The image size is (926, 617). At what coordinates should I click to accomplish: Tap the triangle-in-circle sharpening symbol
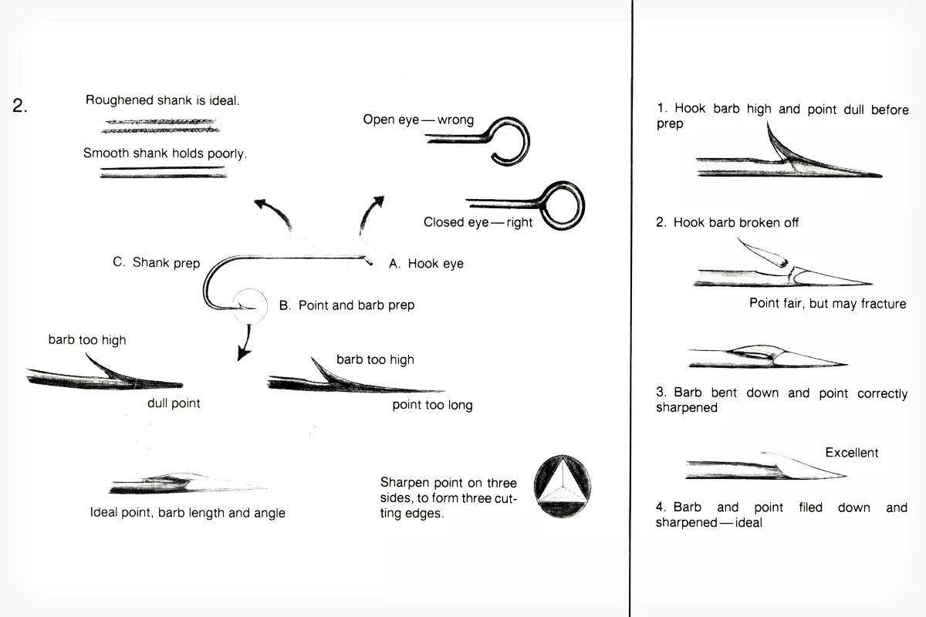[563, 486]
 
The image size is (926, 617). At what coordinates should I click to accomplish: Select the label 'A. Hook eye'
[426, 264]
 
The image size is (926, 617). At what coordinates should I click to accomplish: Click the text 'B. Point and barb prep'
[346, 305]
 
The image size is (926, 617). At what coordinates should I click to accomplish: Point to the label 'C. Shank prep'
[156, 262]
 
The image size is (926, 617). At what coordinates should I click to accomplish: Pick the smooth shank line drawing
[164, 173]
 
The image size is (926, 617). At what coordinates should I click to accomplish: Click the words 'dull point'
[174, 403]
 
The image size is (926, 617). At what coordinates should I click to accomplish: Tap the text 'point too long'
[432, 405]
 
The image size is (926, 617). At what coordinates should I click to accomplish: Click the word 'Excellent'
[852, 453]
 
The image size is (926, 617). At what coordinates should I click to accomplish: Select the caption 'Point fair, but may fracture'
[827, 303]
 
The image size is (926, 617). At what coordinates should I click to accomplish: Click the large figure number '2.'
[20, 106]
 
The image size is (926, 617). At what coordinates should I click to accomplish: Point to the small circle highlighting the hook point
[250, 305]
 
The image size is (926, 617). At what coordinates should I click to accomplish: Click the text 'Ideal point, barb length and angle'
[188, 513]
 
